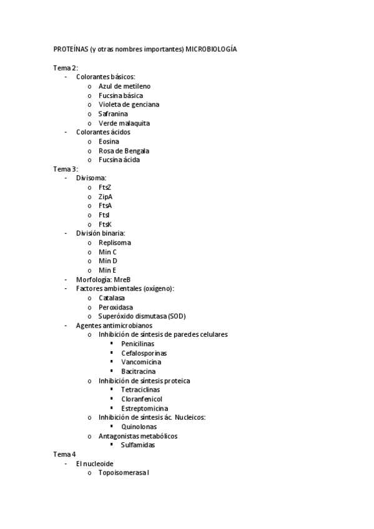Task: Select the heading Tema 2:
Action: [66, 67]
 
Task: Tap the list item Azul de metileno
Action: [124, 86]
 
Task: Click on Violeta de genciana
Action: [129, 105]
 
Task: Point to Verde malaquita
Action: [124, 123]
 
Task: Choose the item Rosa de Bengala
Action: [124, 150]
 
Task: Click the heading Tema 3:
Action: [66, 169]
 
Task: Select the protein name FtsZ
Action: [105, 187]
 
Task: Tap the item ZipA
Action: [106, 197]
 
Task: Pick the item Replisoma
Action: [115, 242]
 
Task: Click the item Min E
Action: [107, 270]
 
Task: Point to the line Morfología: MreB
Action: [104, 279]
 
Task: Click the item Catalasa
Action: [112, 298]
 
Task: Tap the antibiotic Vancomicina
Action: [141, 362]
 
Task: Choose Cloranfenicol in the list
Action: [142, 399]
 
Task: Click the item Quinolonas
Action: [139, 427]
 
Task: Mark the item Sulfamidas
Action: [138, 445]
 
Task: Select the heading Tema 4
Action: [64, 454]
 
